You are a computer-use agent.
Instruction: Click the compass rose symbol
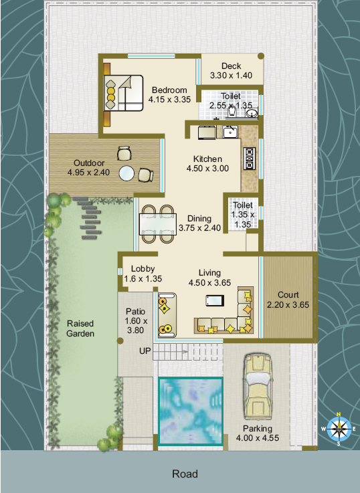(x=339, y=429)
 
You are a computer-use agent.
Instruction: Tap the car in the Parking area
(x=258, y=386)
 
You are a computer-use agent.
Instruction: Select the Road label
(x=185, y=474)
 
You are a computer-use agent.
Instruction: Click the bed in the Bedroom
(x=124, y=93)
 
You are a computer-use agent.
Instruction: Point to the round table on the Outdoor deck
(x=126, y=173)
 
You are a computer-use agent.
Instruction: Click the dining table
(x=158, y=225)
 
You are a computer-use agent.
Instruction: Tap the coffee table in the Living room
(x=215, y=300)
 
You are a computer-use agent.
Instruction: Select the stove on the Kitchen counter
(x=250, y=159)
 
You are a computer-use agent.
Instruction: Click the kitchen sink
(x=230, y=132)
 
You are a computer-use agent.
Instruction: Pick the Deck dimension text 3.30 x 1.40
(x=231, y=76)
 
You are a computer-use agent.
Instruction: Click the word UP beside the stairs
(x=145, y=351)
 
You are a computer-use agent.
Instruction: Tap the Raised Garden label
(x=80, y=328)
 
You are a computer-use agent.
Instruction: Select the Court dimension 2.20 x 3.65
(x=288, y=304)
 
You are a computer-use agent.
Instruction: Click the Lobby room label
(x=143, y=269)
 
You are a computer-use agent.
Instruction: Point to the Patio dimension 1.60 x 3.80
(x=136, y=325)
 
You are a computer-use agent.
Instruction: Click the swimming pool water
(x=191, y=411)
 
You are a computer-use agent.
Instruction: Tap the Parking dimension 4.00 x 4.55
(x=258, y=438)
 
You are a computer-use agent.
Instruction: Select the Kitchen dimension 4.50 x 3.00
(x=207, y=169)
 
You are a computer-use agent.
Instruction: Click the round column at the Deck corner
(x=261, y=56)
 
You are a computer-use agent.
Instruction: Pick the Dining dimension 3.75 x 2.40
(x=199, y=228)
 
